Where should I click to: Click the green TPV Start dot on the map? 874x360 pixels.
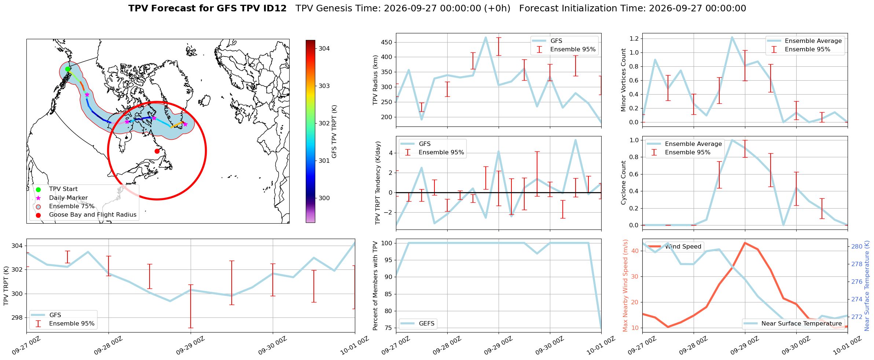coord(67,69)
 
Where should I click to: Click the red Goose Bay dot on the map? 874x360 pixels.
coord(157,151)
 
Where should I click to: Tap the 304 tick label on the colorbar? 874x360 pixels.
coord(324,48)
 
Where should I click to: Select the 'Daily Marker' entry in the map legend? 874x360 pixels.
coord(68,198)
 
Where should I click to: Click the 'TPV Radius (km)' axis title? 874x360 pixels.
coord(375,80)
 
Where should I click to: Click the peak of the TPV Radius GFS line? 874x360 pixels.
coord(486,37)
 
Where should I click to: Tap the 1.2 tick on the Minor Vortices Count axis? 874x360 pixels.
coord(634,38)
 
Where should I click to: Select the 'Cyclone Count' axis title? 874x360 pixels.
coord(623,183)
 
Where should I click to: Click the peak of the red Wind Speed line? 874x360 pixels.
coord(745,243)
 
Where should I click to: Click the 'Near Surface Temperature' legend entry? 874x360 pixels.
coord(801,323)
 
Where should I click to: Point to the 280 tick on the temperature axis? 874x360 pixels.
coord(857,246)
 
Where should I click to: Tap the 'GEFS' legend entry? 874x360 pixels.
coord(427,323)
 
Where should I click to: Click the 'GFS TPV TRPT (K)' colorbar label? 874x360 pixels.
coord(334,131)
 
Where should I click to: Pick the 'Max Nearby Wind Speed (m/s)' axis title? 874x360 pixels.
coord(625,286)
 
